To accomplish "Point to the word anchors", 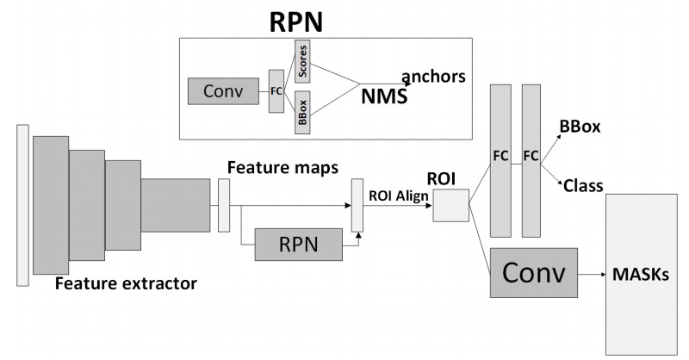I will [432, 76].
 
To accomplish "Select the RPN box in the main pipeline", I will [298, 245].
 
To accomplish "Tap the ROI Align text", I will [399, 195].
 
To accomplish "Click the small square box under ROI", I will [450, 206].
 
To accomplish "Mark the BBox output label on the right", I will [580, 127].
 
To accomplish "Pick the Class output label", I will [582, 184].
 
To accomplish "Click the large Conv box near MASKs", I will [533, 274].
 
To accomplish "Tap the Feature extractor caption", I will [127, 282].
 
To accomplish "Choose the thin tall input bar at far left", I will [22, 203].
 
